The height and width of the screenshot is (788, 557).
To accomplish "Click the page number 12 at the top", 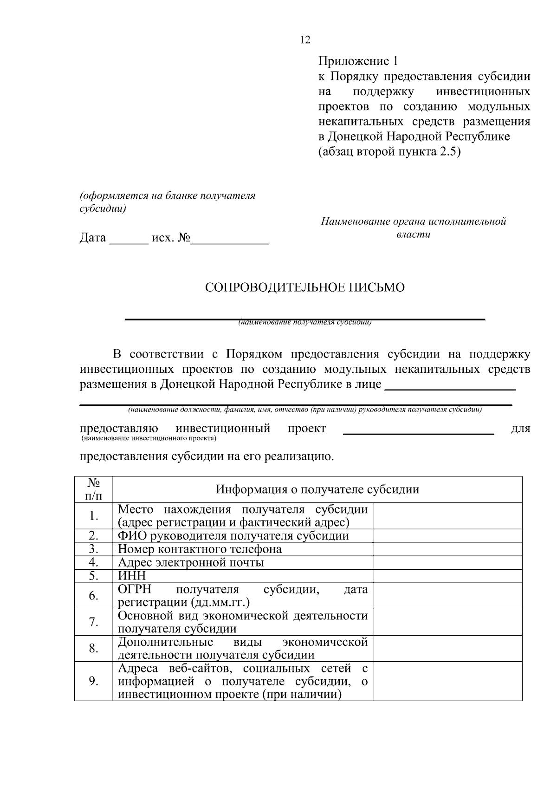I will point(305,40).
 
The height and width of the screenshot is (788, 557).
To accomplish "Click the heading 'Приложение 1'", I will point(358,61).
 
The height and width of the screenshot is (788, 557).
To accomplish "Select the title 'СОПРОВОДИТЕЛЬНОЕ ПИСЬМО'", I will point(304,287).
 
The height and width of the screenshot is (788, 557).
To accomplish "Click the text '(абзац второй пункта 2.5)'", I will point(389,151).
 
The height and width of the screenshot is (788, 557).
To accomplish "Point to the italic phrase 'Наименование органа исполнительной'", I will point(413,221).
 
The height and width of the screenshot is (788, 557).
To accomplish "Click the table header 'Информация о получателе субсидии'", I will point(317,489).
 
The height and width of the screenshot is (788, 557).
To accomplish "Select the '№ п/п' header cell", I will point(93,489).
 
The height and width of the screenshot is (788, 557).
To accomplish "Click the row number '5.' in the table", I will point(93,576).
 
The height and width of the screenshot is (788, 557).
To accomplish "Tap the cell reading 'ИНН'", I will point(132,576).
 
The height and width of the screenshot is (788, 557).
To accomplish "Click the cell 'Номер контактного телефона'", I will point(200,549).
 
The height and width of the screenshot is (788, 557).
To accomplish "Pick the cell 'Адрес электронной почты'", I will point(191,563).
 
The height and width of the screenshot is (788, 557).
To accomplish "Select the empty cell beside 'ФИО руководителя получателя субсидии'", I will point(447,536).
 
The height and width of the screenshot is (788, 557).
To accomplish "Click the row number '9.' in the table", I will point(93,681).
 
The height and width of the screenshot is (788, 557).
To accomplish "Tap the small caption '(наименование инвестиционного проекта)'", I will point(149,438).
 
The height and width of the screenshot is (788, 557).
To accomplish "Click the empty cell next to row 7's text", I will point(447,622).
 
